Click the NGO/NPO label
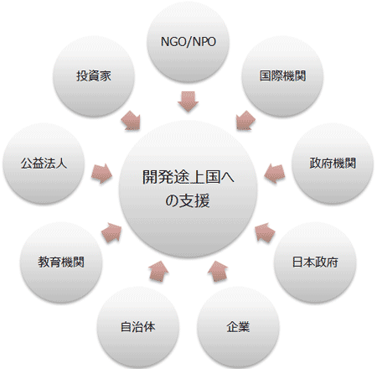coord(188,42)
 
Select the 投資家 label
coord(94,75)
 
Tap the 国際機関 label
coord(282,75)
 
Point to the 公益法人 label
coord(44,164)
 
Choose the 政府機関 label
coord(333,164)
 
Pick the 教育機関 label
coord(61,262)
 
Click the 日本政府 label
coord(315,262)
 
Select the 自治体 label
coord(137,327)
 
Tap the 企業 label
coord(238,327)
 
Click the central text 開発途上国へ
coord(188,177)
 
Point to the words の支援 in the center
coord(188,200)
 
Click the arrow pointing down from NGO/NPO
coord(188,101)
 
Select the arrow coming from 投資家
coord(132,121)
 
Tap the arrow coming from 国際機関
coord(245,121)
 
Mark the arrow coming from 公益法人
coord(102,174)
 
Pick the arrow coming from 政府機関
coord(275,174)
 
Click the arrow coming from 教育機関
coord(111,232)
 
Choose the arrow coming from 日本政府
coord(265,232)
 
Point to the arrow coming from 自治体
coord(158,271)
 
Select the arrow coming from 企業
coord(218,271)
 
